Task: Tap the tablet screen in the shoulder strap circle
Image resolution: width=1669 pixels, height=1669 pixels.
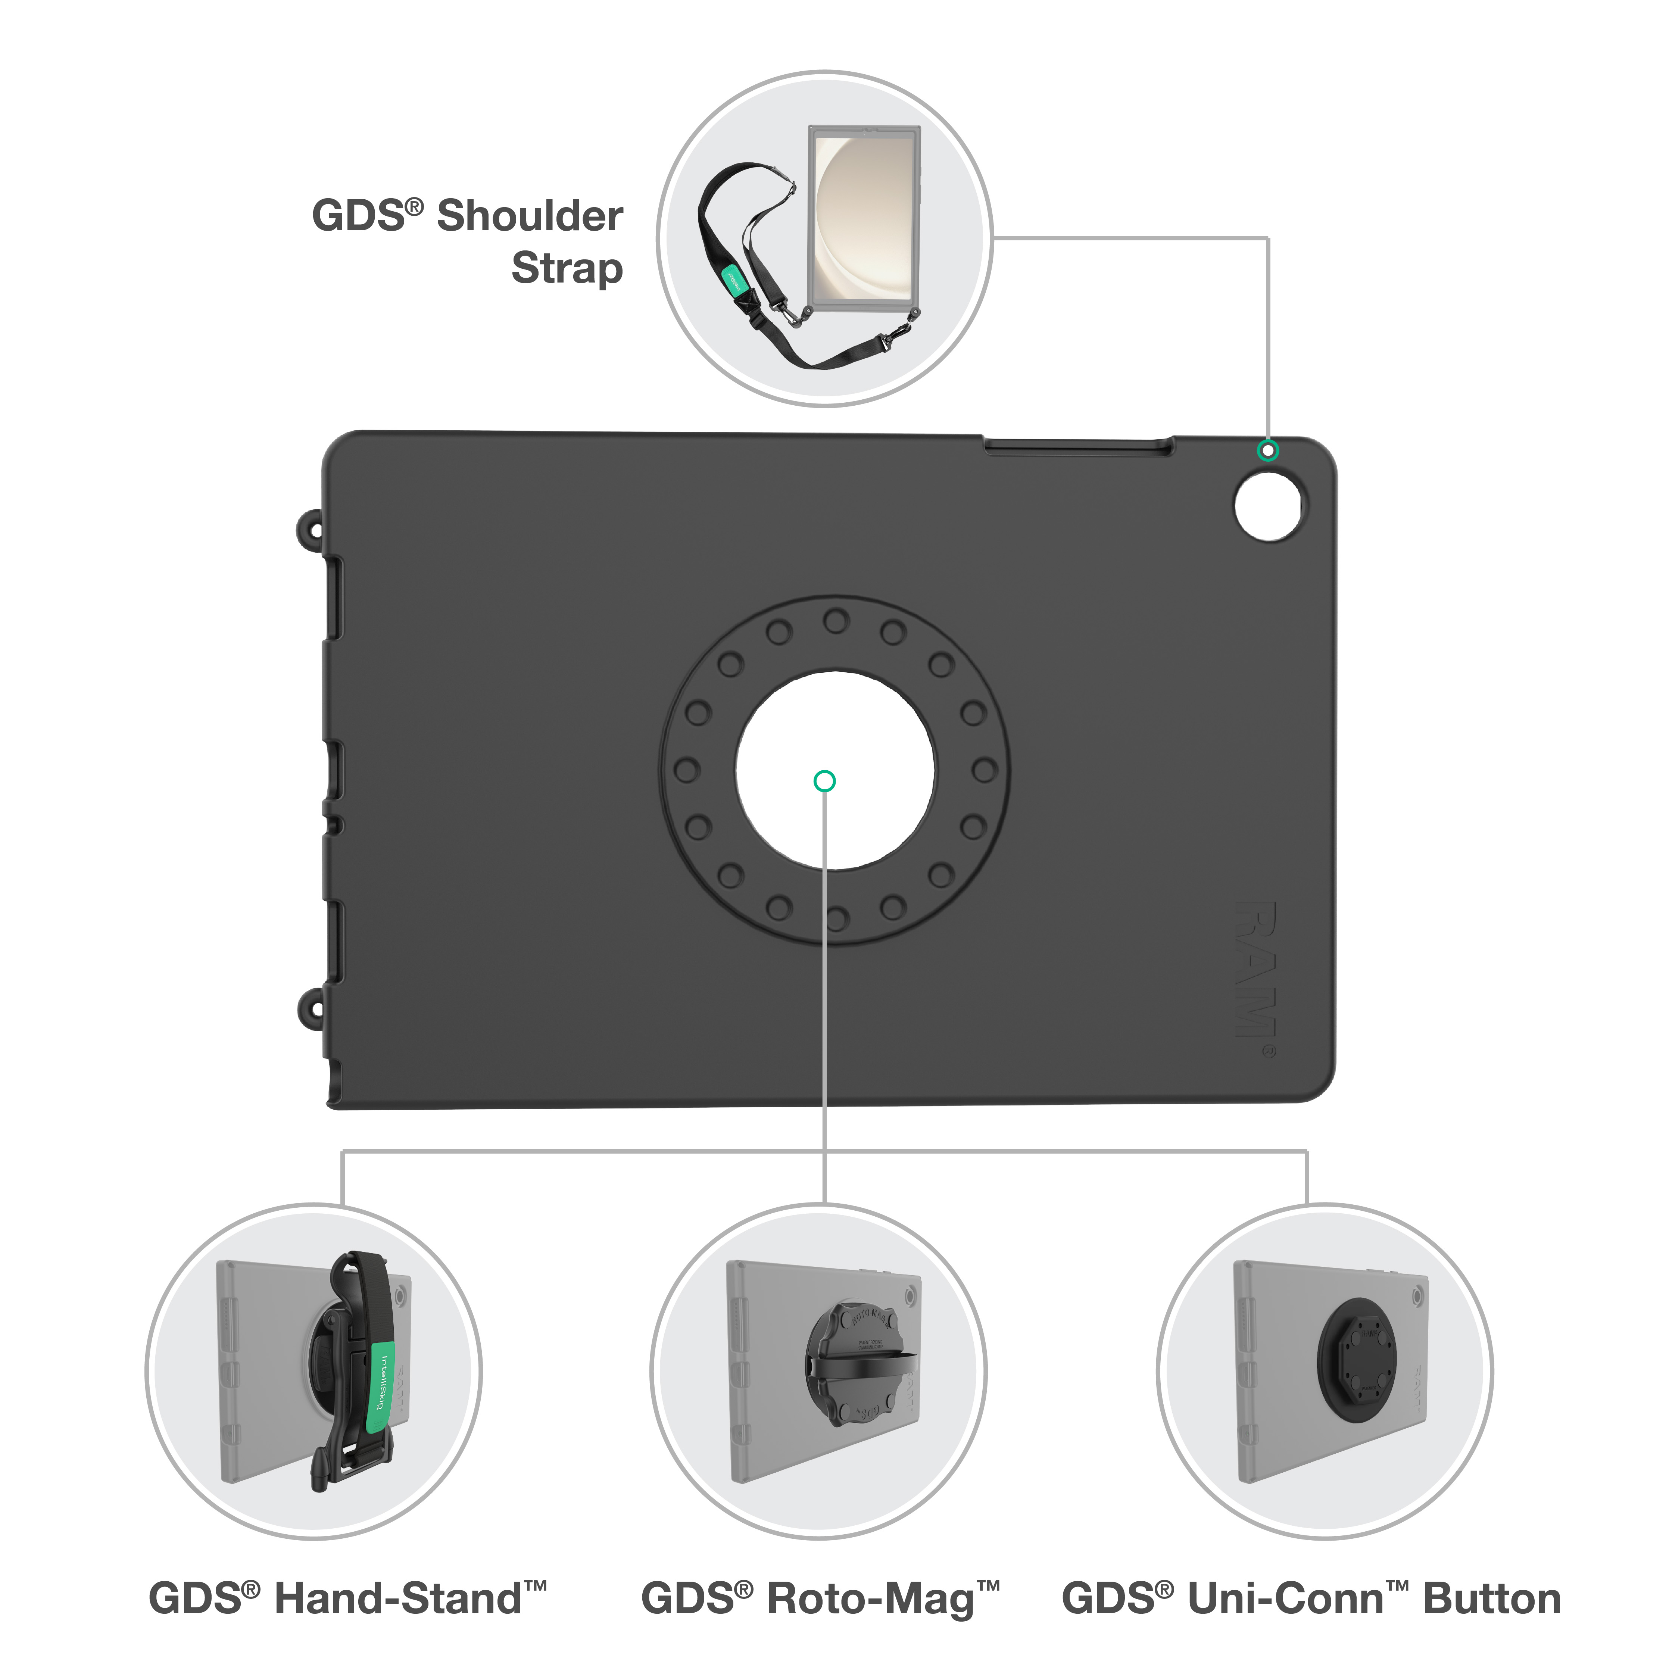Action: click(x=864, y=216)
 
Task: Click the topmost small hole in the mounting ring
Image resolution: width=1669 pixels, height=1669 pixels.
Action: click(x=835, y=620)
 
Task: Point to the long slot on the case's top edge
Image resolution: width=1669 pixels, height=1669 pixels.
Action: click(x=1078, y=447)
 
